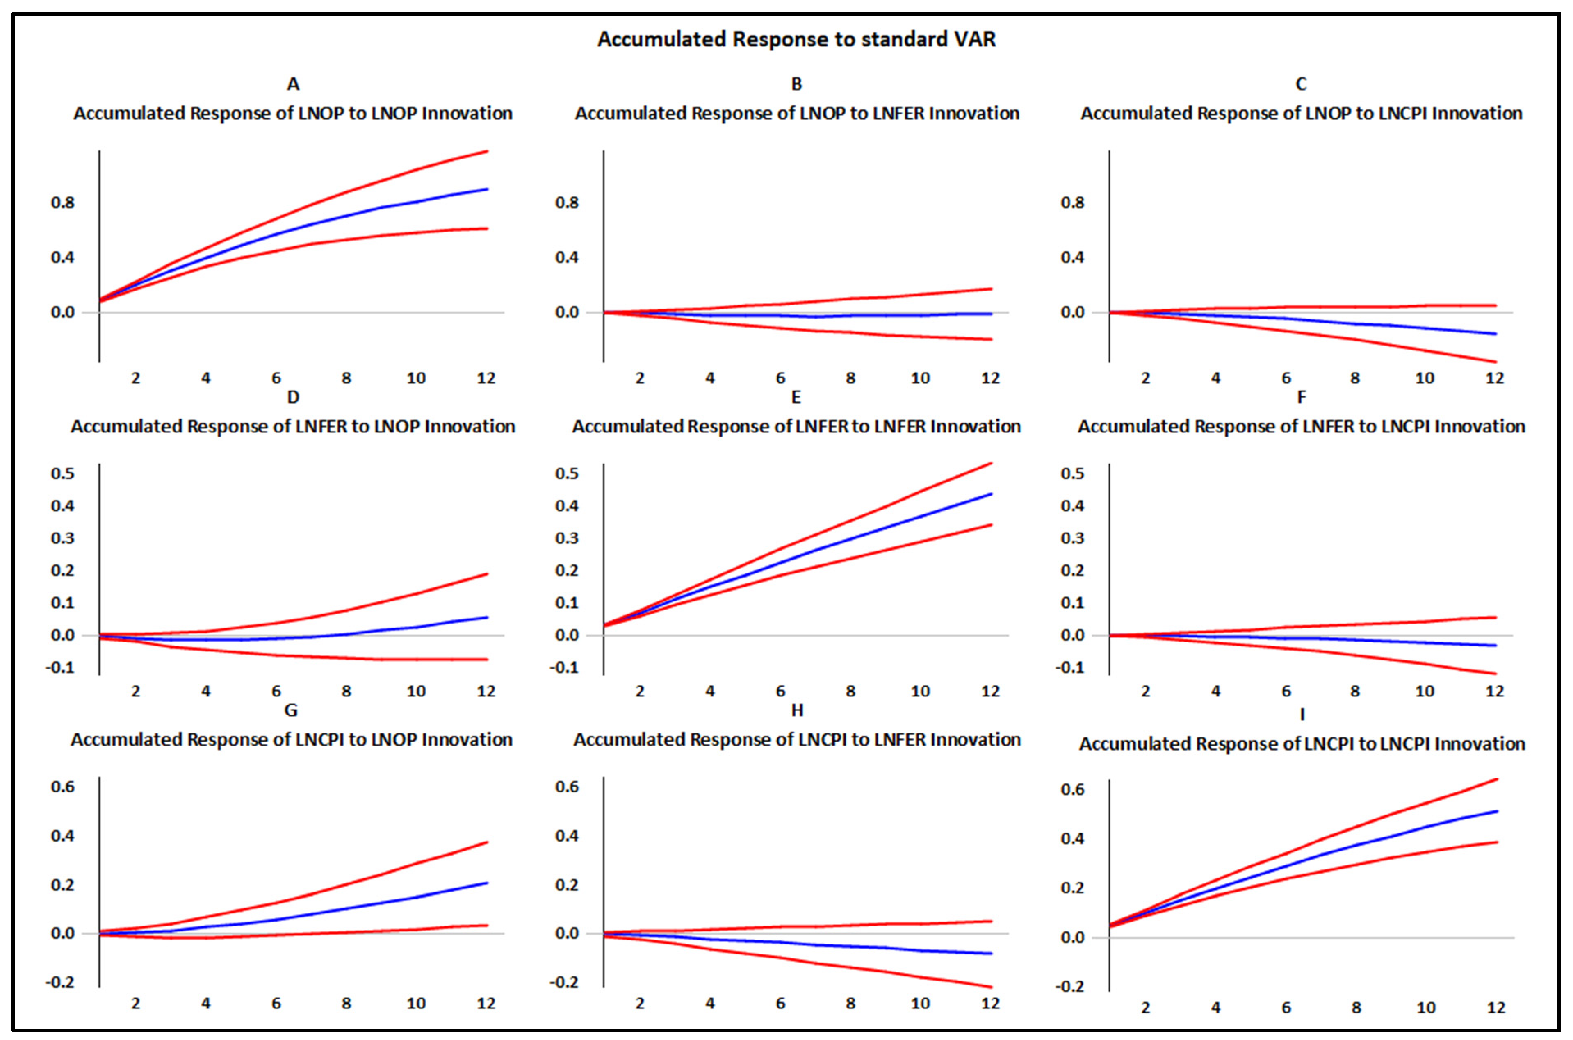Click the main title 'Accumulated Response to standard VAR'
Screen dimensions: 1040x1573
click(796, 39)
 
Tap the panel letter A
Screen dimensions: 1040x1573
click(292, 84)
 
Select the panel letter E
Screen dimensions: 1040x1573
click(796, 397)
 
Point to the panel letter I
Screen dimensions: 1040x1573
click(1302, 715)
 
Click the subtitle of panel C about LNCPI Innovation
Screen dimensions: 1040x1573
click(1301, 114)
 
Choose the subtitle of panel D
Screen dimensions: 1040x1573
click(292, 426)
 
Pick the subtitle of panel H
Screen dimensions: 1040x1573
click(797, 740)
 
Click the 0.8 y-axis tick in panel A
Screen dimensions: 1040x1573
click(63, 202)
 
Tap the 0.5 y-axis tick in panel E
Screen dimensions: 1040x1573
click(567, 473)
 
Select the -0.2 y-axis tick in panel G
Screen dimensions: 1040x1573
click(60, 982)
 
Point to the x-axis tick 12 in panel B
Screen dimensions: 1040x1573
click(990, 378)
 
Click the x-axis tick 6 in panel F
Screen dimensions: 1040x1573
click(1286, 691)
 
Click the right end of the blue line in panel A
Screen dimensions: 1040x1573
click(488, 189)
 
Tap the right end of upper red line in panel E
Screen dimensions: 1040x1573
click(991, 463)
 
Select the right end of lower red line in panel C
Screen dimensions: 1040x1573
click(1496, 362)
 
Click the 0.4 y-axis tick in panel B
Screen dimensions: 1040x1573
click(567, 257)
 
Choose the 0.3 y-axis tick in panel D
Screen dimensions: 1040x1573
click(63, 538)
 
